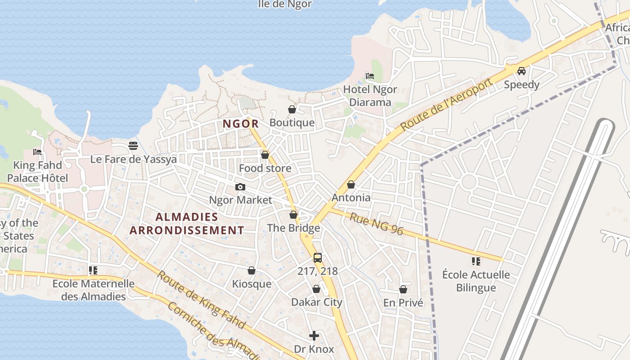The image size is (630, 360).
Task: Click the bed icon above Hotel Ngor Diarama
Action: click(x=370, y=76)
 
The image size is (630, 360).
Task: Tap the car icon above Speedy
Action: click(x=521, y=71)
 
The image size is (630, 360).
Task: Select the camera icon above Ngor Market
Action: click(x=240, y=187)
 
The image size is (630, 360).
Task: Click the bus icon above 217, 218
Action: click(x=318, y=258)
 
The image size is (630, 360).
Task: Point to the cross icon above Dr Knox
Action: click(x=314, y=336)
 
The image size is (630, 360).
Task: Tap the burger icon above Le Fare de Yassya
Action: click(x=133, y=145)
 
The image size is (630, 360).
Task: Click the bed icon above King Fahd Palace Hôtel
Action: click(x=37, y=152)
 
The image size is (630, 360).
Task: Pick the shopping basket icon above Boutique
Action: click(x=292, y=109)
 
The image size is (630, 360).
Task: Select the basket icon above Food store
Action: click(x=265, y=155)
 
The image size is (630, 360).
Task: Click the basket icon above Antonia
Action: click(x=351, y=184)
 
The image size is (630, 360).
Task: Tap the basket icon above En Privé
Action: click(x=403, y=289)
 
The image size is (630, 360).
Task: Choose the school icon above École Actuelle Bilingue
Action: click(x=476, y=261)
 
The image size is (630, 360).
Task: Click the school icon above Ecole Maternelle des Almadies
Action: click(x=93, y=270)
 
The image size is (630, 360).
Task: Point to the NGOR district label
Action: click(x=241, y=124)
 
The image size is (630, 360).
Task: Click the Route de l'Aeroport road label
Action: click(x=445, y=105)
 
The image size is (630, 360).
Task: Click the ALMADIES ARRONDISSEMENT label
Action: click(x=187, y=224)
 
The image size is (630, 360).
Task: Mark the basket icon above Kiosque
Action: click(x=252, y=270)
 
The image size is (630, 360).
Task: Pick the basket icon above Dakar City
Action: click(x=316, y=289)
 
